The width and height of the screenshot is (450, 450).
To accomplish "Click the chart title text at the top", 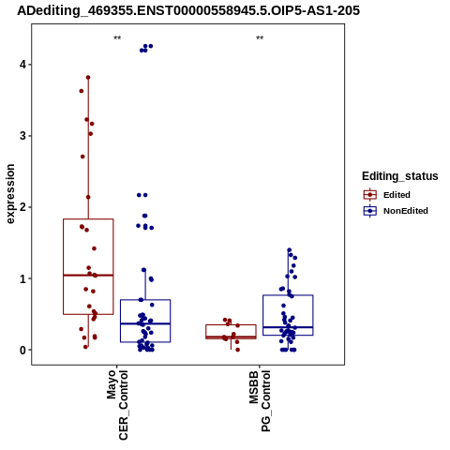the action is click(188, 10).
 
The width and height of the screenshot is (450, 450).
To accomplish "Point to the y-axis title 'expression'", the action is click(10, 194).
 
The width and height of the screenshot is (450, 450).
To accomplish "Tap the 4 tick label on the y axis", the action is click(22, 65).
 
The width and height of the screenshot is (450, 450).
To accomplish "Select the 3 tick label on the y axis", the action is click(22, 136).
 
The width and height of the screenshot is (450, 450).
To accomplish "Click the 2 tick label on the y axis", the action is click(22, 207).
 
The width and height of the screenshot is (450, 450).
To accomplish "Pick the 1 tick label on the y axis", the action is click(22, 278).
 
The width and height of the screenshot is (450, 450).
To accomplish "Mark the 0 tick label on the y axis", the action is click(22, 350).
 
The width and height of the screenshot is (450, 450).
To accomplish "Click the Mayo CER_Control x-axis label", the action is click(117, 405).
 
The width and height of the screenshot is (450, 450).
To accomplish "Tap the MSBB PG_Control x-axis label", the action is click(260, 401).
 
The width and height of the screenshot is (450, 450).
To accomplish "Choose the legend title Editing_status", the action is click(400, 176).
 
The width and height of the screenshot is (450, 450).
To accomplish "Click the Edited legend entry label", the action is click(397, 195).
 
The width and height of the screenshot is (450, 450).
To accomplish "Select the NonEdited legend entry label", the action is click(406, 211).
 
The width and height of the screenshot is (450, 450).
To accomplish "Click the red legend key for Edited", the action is click(370, 195).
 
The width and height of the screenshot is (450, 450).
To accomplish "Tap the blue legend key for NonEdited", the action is click(370, 211).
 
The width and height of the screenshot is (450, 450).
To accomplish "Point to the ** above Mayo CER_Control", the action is click(117, 38).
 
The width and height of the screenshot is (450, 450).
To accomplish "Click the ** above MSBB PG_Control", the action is click(260, 38).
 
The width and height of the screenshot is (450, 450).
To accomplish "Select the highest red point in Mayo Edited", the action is click(88, 78).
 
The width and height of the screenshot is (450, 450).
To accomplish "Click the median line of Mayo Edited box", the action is click(88, 276).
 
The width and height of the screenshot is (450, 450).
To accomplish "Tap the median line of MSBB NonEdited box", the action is click(288, 327).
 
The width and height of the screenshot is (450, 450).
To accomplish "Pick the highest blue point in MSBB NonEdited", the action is click(290, 250).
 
